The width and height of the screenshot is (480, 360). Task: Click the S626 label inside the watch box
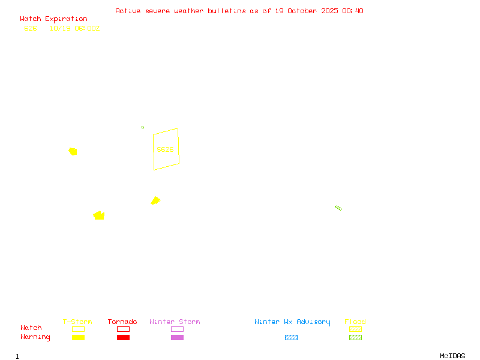[165, 149]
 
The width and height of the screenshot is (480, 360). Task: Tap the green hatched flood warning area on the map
[338, 208]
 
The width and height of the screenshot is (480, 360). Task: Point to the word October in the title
[307, 11]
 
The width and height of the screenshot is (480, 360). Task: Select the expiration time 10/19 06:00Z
[74, 28]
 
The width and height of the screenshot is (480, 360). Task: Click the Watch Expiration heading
[53, 19]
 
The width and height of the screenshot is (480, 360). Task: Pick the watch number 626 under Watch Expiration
[31, 28]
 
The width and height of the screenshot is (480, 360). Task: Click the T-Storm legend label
[77, 322]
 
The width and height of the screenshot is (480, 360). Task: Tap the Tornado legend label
[122, 322]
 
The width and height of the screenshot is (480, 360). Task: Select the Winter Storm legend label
[175, 322]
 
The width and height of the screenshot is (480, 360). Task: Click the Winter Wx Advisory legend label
[292, 322]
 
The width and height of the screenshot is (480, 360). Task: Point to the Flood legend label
[355, 322]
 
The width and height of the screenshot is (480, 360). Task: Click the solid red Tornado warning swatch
[123, 338]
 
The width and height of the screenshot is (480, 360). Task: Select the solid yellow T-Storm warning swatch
[78, 338]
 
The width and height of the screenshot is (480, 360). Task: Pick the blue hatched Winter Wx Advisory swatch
[291, 338]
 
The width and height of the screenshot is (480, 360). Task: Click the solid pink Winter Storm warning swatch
[177, 338]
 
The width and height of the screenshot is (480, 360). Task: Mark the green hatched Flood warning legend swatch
[355, 338]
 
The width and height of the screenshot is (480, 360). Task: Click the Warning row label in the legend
[35, 337]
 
